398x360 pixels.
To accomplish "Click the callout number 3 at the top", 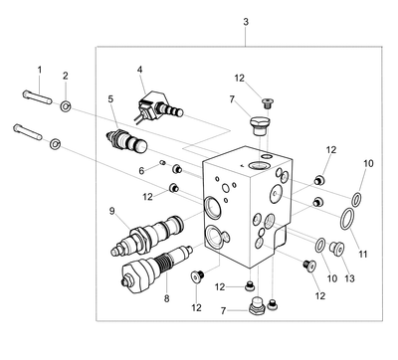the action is click(x=246, y=22).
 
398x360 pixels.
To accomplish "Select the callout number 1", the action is click(x=40, y=70).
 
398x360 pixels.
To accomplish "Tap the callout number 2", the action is click(x=66, y=76).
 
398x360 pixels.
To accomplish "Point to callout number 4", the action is click(x=139, y=70).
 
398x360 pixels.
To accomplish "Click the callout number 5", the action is click(x=110, y=99).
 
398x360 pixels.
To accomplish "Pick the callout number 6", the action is click(x=141, y=171).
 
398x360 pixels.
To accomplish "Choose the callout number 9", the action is click(x=111, y=211).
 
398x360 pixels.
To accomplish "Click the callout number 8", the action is click(x=166, y=298).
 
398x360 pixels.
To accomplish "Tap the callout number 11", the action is click(x=363, y=255).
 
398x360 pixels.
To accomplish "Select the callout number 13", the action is click(x=349, y=278).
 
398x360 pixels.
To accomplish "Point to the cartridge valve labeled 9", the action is click(x=146, y=236).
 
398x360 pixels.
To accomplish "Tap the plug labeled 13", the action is click(x=337, y=249).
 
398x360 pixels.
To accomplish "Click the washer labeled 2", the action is click(x=66, y=106).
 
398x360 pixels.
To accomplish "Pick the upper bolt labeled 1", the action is click(x=37, y=96).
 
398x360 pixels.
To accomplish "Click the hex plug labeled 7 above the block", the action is click(x=259, y=125).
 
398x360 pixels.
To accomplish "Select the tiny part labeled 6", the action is click(x=162, y=162).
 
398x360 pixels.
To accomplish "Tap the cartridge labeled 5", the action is click(x=126, y=141).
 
